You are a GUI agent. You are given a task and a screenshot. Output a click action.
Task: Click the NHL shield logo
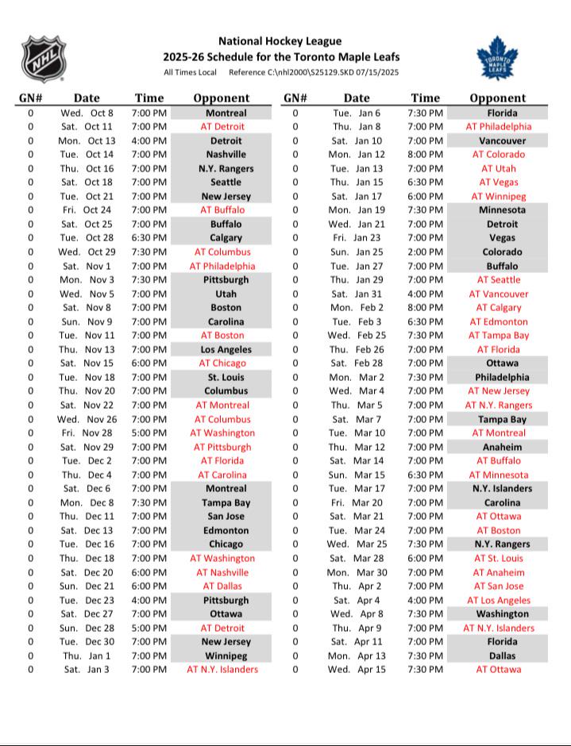[44, 59]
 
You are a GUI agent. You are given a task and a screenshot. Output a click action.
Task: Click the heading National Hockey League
[280, 40]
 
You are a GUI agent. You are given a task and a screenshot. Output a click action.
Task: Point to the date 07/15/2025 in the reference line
[372, 73]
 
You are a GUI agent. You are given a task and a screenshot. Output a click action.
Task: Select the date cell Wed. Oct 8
[87, 113]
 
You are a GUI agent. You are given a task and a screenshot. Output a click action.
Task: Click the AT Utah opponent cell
[499, 168]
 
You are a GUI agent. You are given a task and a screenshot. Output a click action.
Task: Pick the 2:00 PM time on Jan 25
[425, 252]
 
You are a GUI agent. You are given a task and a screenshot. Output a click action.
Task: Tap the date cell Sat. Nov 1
[87, 266]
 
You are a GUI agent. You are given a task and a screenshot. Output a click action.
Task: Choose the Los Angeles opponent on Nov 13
[226, 349]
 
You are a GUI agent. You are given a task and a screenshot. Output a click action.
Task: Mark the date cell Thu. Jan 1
[88, 656]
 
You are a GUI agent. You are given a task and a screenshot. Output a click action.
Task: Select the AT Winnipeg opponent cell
[499, 196]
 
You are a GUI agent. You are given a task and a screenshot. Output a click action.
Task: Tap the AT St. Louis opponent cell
[499, 559]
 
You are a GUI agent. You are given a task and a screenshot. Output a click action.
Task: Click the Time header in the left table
[149, 98]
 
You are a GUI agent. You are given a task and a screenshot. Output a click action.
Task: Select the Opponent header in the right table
[497, 98]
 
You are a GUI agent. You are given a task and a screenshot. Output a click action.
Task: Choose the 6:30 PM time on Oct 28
[149, 238]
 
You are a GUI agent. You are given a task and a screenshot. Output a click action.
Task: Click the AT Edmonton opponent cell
[499, 321]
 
